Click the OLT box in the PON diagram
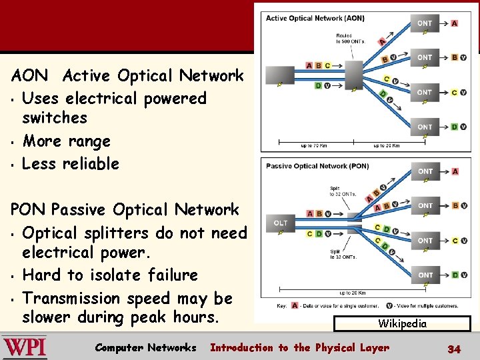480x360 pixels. click(x=281, y=223)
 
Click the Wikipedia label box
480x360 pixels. click(x=402, y=324)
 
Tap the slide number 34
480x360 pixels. click(x=454, y=349)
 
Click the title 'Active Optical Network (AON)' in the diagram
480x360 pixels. click(x=305, y=18)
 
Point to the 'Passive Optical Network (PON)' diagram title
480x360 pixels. click(x=307, y=166)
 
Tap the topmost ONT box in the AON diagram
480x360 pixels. click(x=425, y=23)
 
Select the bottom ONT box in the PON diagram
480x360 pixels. click(x=425, y=275)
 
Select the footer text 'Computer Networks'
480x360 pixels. click(x=145, y=347)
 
